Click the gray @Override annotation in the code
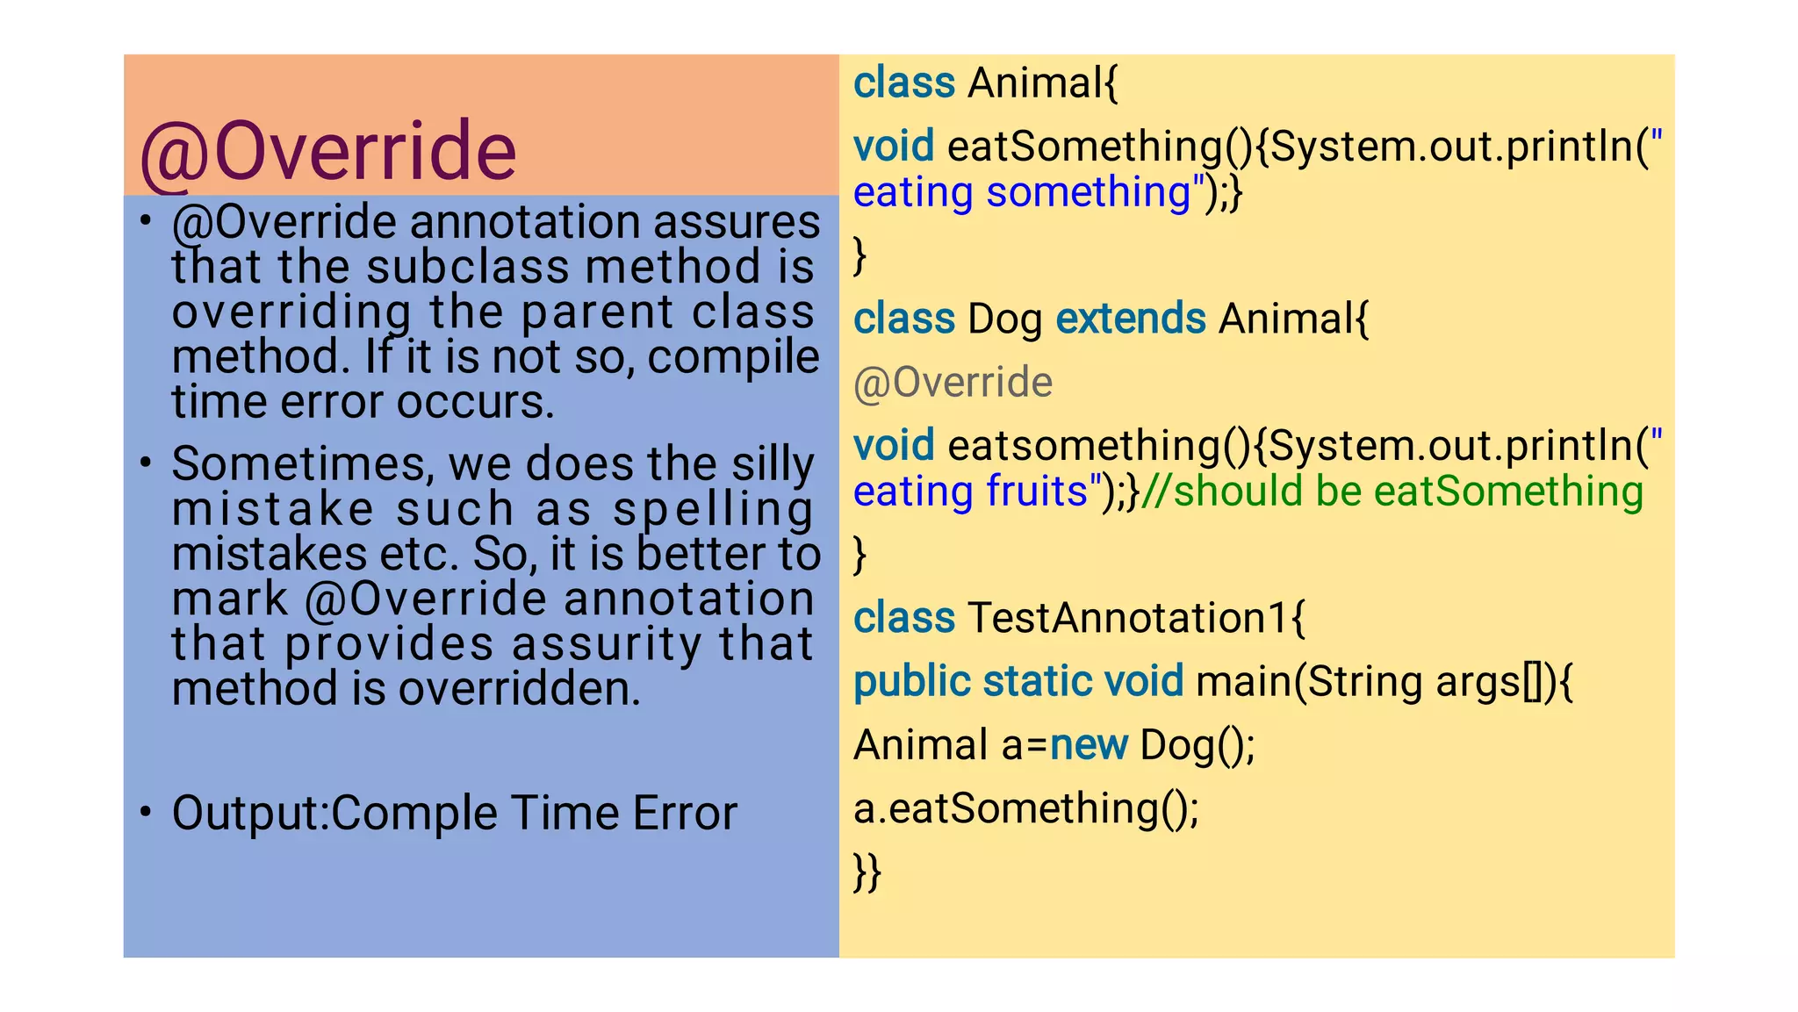pyautogui.click(x=953, y=383)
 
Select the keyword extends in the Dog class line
pyautogui.click(x=1130, y=319)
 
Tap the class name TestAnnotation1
pyautogui.click(x=1127, y=618)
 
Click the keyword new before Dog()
pyautogui.click(x=1089, y=745)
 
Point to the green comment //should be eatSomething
pyautogui.click(x=1392, y=492)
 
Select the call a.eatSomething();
pyautogui.click(x=1025, y=808)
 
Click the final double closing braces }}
pyautogui.click(x=867, y=872)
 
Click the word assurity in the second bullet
pyautogui.click(x=607, y=644)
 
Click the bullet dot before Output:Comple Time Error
pyautogui.click(x=146, y=812)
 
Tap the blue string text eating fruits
pyautogui.click(x=970, y=492)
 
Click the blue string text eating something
pyautogui.click(x=1022, y=193)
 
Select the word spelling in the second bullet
pyautogui.click(x=713, y=510)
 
